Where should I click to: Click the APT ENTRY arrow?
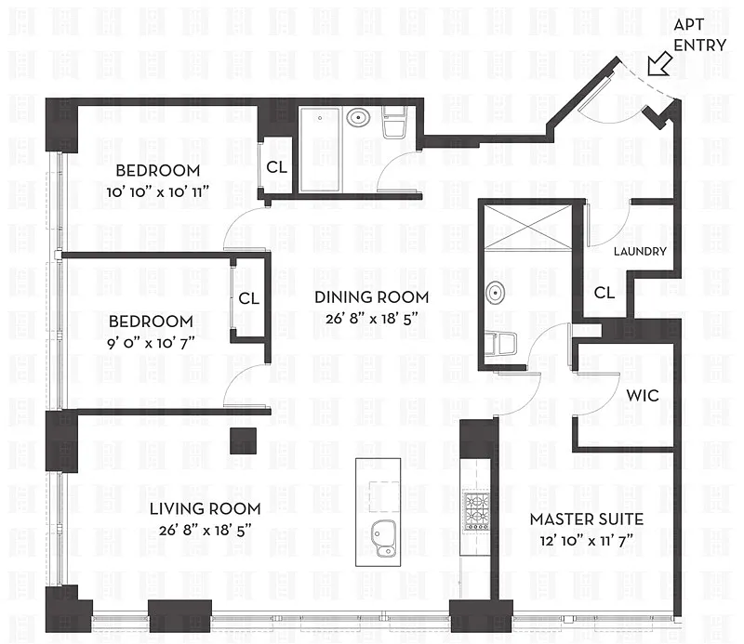(659, 64)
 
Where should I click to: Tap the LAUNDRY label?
(640, 251)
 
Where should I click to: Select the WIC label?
(643, 396)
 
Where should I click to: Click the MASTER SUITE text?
(587, 519)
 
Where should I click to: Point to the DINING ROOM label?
(371, 297)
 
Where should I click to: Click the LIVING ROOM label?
(205, 509)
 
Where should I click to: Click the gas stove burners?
(476, 510)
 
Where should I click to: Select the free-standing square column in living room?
(244, 441)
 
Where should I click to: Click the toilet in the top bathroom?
(394, 123)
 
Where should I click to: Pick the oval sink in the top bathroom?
(358, 117)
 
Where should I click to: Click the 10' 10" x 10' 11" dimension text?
(157, 192)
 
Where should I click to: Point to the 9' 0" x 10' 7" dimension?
(151, 342)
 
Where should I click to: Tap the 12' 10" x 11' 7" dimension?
(587, 541)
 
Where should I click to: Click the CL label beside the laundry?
(604, 293)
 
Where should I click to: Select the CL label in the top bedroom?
(276, 167)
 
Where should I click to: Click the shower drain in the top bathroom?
(320, 118)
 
